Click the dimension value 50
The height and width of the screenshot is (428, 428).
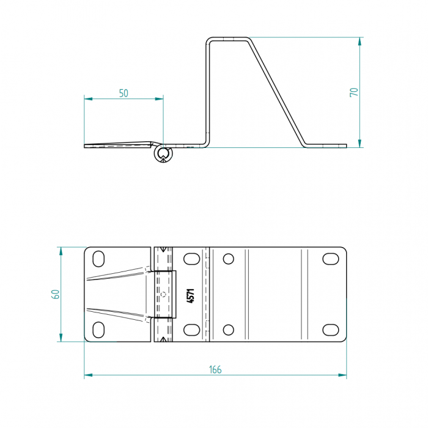[124, 94]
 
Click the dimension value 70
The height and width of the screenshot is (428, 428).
[354, 92]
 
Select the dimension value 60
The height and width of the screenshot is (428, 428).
[56, 294]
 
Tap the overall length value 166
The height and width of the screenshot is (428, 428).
[215, 369]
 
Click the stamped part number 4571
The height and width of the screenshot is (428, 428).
[191, 295]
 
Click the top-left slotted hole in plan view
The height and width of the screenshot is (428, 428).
[98, 259]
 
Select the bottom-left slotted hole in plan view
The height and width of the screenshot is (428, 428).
[98, 330]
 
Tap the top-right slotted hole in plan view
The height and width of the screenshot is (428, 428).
[331, 259]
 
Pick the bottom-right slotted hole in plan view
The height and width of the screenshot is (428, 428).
[331, 330]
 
